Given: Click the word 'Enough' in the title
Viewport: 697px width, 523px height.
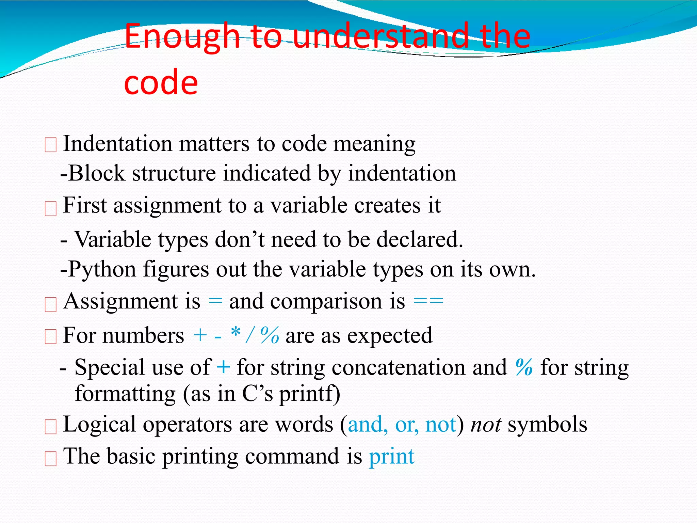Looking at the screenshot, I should coord(182,37).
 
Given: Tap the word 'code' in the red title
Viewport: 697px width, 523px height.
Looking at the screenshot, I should coord(161,82).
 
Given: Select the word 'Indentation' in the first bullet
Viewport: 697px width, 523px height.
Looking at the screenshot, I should coord(117,144).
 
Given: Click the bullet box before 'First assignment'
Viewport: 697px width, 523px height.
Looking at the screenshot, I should coord(50,209).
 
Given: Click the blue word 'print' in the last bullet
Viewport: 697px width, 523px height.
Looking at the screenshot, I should coord(391,457).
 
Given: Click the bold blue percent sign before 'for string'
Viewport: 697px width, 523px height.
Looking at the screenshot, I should coord(524,367).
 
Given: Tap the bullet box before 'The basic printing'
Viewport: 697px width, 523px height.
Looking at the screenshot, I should coord(50,459).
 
